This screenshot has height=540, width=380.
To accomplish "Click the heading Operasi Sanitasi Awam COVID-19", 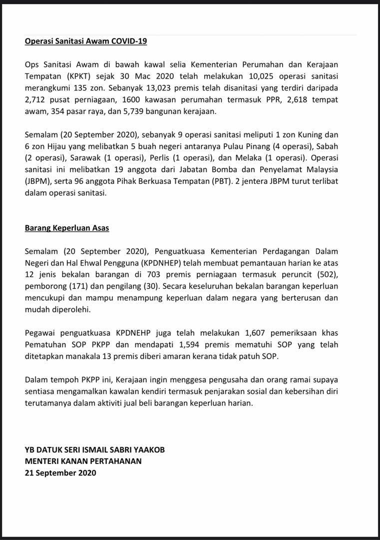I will coord(86,41).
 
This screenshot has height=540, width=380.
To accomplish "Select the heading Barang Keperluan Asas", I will coord(67,228).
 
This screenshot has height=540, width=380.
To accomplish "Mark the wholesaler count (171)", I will coord(77,286).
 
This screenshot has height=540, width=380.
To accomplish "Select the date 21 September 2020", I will coord(60,472).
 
